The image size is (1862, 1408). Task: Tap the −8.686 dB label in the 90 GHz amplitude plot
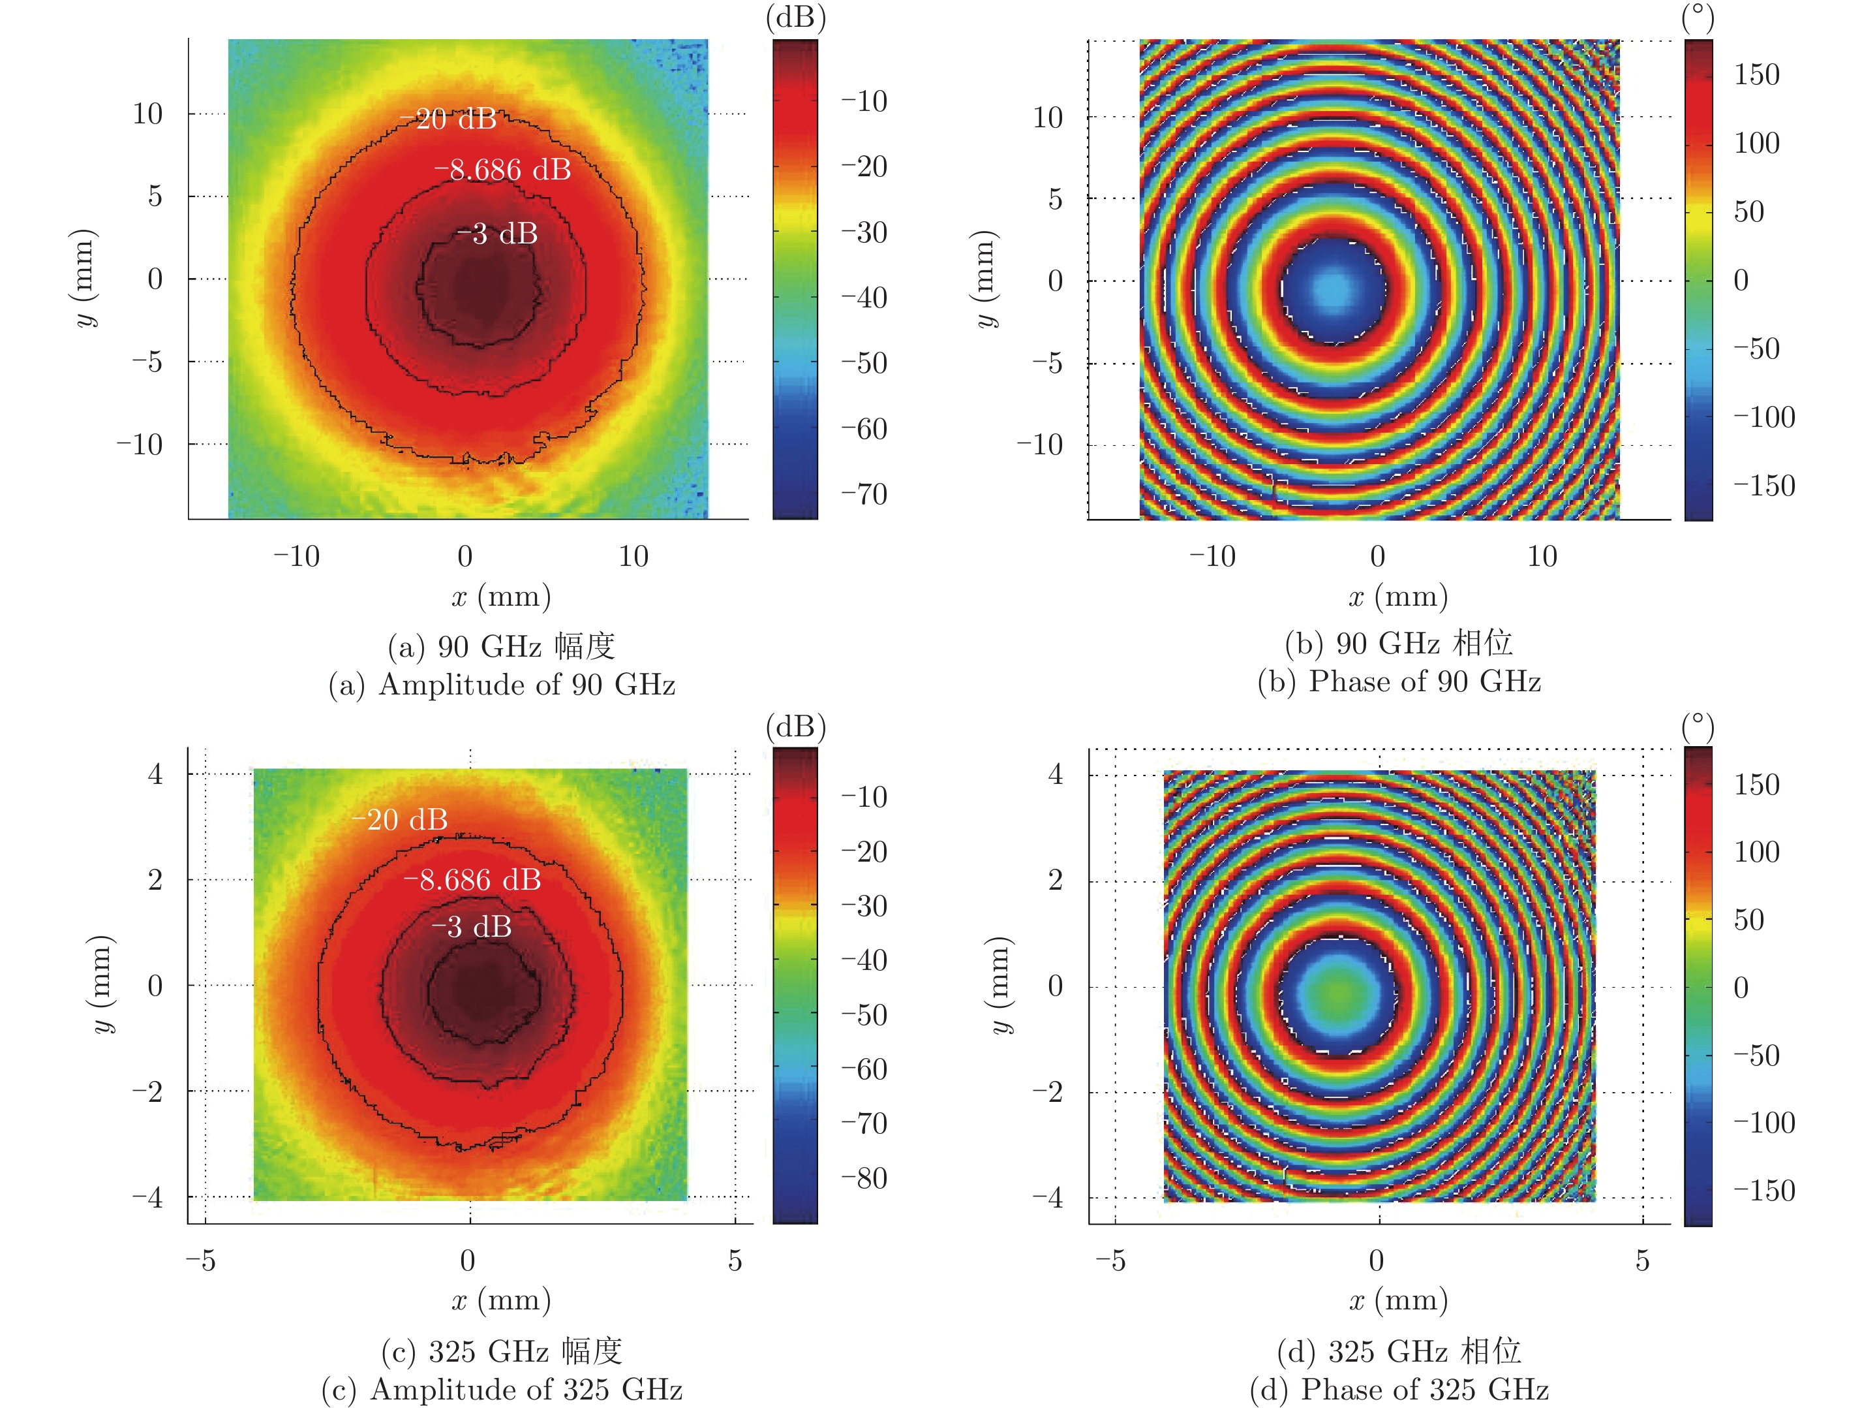click(502, 170)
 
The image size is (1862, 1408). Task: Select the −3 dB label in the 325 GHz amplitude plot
click(472, 927)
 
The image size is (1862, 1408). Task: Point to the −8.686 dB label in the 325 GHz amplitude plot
click(472, 880)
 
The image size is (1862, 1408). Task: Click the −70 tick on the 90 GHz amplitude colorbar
click(864, 494)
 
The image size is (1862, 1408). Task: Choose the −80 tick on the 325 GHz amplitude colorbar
click(864, 1178)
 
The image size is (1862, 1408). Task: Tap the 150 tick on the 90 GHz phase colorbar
click(1757, 75)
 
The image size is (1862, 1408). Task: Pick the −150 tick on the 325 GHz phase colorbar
click(1764, 1191)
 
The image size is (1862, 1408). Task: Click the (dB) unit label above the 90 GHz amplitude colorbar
click(795, 18)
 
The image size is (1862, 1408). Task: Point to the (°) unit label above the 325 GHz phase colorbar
click(1698, 727)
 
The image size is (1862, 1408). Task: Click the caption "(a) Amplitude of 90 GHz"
click(502, 685)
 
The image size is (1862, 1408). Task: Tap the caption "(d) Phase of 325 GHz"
click(1399, 1390)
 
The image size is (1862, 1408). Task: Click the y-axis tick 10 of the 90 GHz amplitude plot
click(148, 114)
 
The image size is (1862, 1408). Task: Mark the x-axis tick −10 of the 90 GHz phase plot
click(1212, 557)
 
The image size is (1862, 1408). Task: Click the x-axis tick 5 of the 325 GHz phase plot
click(1642, 1260)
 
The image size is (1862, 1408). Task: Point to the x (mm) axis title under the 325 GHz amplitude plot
click(502, 1300)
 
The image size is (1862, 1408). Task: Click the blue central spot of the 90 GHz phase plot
click(1332, 289)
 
